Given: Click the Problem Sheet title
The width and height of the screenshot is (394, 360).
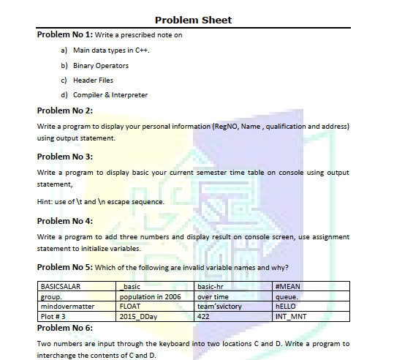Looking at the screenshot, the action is tap(194, 20).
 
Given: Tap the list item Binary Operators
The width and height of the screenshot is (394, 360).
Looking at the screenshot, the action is tap(101, 66).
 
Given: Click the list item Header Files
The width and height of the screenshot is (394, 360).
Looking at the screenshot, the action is tap(93, 80).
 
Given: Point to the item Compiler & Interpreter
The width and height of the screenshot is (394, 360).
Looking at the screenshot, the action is tap(110, 95).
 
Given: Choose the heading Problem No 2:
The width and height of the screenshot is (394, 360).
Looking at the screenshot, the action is tap(65, 110).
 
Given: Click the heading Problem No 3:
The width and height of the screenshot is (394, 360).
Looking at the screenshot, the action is tap(65, 156).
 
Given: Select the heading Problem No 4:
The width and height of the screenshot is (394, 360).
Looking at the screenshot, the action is tap(65, 220).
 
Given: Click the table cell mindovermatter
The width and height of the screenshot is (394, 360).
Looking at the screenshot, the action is tap(68, 307).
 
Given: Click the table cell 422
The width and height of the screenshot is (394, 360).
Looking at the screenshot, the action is tap(204, 316).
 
